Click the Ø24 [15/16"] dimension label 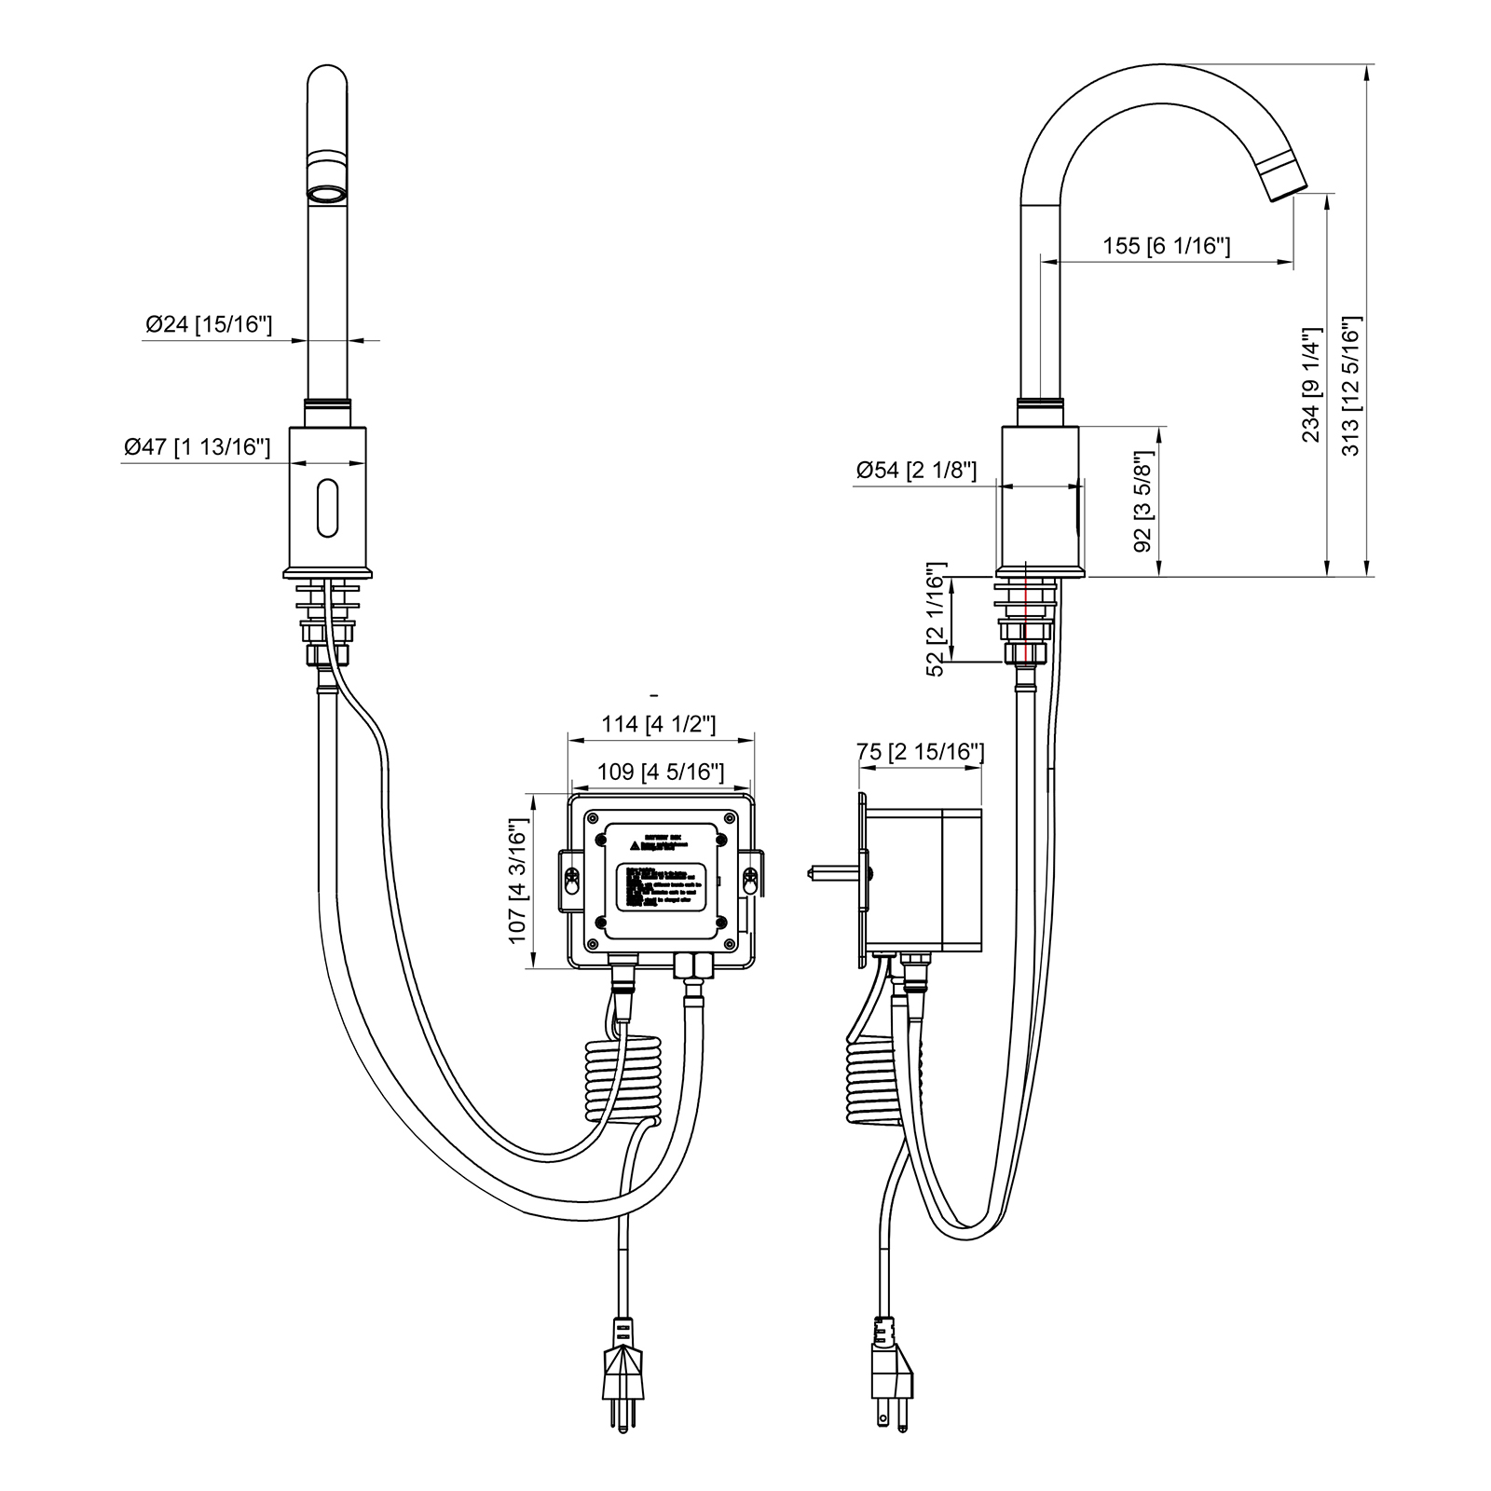[x=209, y=324]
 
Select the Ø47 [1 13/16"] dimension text [x=198, y=447]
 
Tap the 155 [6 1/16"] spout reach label [x=1167, y=246]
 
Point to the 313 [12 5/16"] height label [x=1350, y=386]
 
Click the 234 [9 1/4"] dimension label [x=1311, y=386]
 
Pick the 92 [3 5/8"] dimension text [x=1143, y=503]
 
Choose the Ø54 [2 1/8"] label [x=916, y=470]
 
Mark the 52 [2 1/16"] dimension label [x=936, y=619]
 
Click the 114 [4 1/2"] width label [x=658, y=723]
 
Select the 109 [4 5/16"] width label [x=660, y=772]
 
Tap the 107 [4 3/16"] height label [x=518, y=882]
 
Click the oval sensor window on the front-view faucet [x=327, y=508]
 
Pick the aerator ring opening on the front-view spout [x=327, y=194]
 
